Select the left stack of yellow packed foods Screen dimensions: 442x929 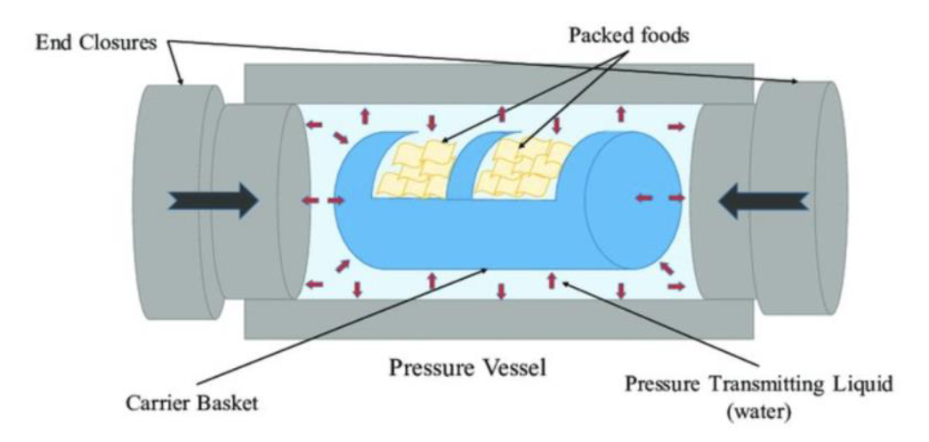(x=418, y=171)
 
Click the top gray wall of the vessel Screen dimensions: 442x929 (x=498, y=83)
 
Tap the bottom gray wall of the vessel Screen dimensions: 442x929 (x=498, y=319)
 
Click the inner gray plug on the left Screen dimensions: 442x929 (x=258, y=201)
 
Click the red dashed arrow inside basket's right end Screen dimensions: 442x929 (x=648, y=197)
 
